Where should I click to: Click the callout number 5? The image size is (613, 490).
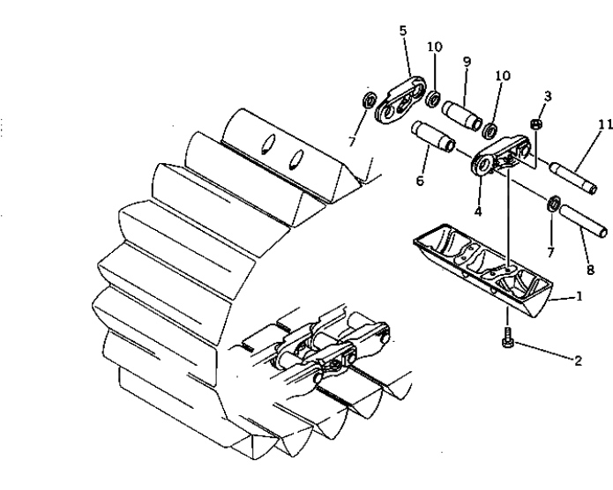coord(403,30)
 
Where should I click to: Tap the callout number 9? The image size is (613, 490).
coord(467,62)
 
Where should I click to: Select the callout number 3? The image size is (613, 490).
coord(548,96)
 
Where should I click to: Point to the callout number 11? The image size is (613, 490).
coord(605,124)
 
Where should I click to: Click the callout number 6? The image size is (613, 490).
coord(420,181)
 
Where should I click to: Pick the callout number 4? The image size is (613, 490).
coord(478,212)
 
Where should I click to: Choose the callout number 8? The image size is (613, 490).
coord(590,270)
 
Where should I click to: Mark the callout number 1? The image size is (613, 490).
coord(579,297)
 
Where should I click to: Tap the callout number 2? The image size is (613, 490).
coord(578,360)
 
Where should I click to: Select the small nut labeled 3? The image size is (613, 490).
coord(536,124)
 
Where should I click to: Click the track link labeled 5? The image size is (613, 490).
coord(400,100)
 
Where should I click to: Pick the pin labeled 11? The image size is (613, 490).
coord(572,179)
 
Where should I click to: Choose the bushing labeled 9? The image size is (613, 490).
coord(462,115)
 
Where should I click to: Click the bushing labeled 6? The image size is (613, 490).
coord(433,137)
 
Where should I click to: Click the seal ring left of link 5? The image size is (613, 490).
coord(369,100)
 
